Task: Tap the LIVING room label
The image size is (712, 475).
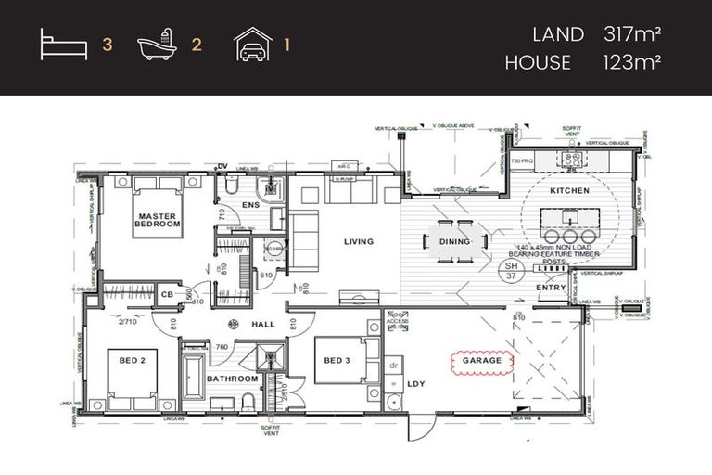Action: tap(358, 242)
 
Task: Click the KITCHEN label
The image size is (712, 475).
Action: tap(569, 190)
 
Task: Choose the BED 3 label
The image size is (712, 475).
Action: tap(335, 361)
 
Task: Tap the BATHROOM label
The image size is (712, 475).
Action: tap(232, 379)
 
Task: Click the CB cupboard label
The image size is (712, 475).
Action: tap(167, 295)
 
